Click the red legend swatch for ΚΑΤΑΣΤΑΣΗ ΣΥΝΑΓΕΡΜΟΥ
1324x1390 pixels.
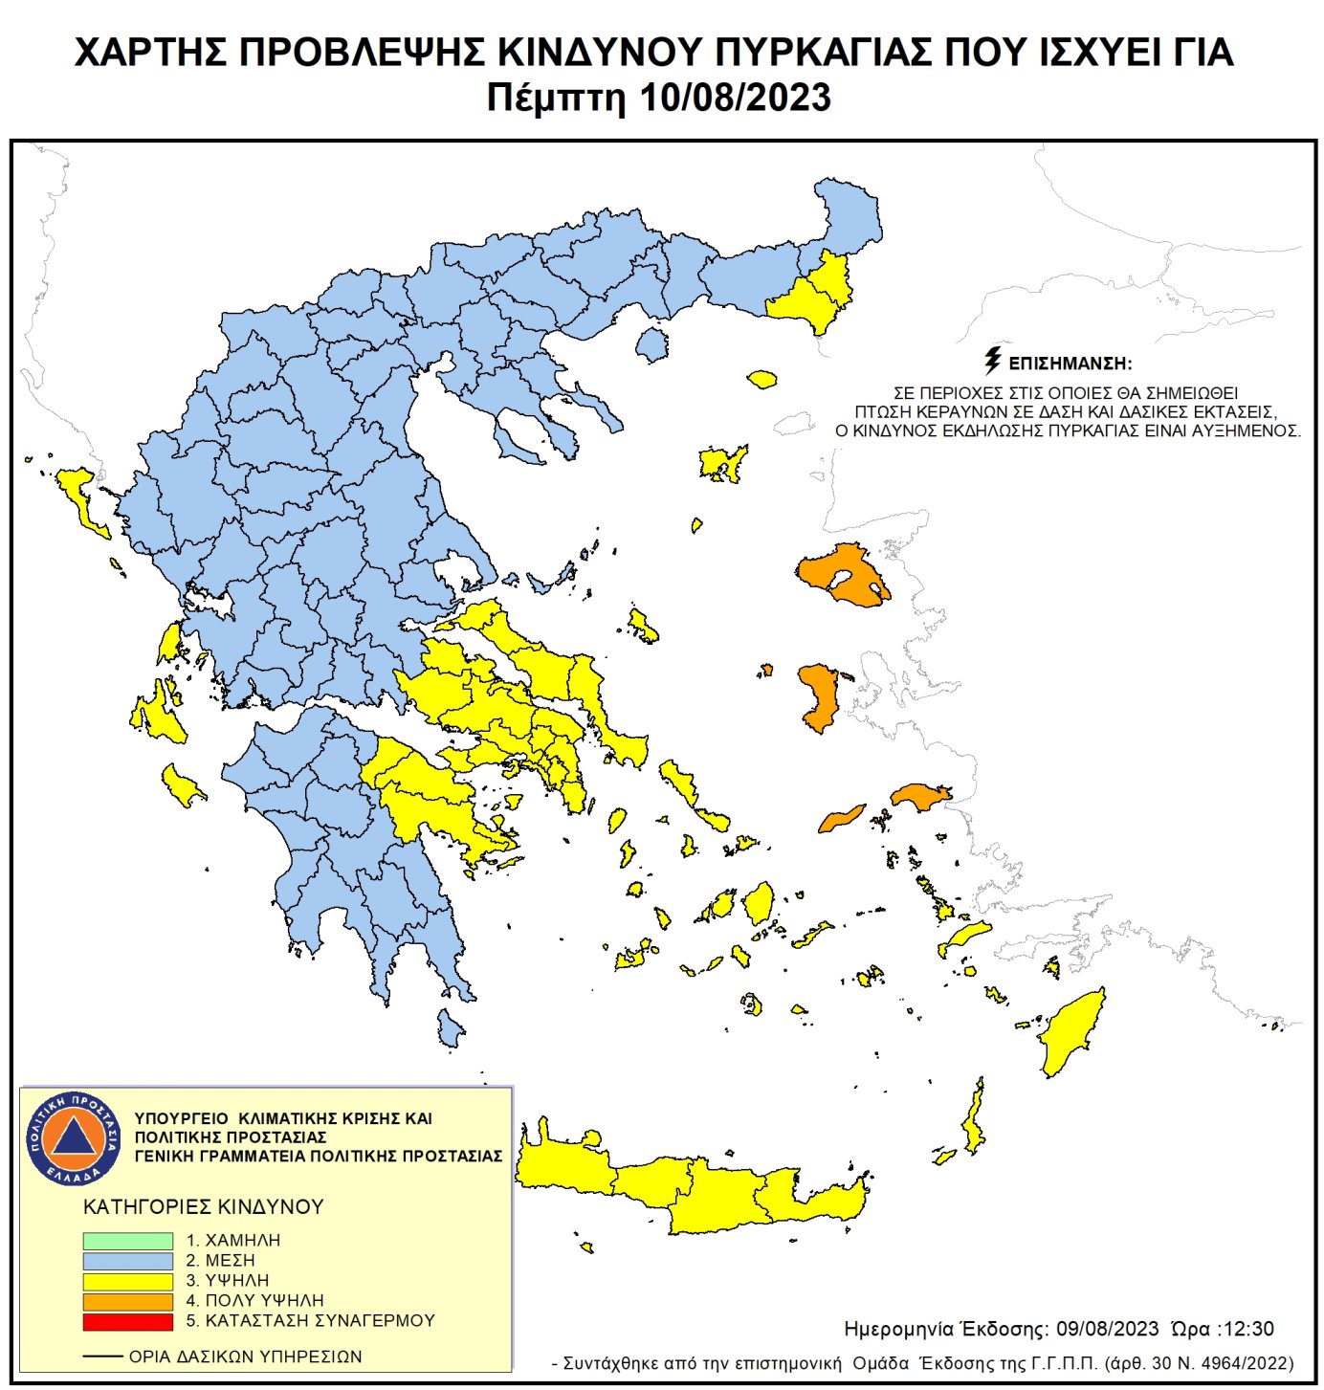(x=127, y=1321)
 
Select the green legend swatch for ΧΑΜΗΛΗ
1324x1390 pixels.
(x=127, y=1241)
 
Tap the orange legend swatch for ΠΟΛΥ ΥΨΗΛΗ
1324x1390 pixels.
(x=127, y=1301)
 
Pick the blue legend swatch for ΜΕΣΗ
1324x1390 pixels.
(x=127, y=1261)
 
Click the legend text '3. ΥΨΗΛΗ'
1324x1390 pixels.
(x=228, y=1280)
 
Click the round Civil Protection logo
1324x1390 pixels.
(x=74, y=1137)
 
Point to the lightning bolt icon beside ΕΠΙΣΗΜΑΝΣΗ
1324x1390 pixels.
(x=993, y=361)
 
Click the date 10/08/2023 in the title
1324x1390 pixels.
(x=737, y=99)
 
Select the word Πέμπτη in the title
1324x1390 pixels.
(x=555, y=99)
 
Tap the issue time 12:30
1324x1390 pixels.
(x=1247, y=1329)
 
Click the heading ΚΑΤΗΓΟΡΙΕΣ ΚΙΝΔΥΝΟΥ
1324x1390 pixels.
(x=204, y=1206)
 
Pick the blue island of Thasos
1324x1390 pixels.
(x=652, y=344)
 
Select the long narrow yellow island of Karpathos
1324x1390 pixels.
(x=974, y=1119)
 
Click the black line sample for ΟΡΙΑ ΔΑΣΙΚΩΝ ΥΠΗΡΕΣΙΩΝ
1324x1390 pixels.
(x=102, y=1357)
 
